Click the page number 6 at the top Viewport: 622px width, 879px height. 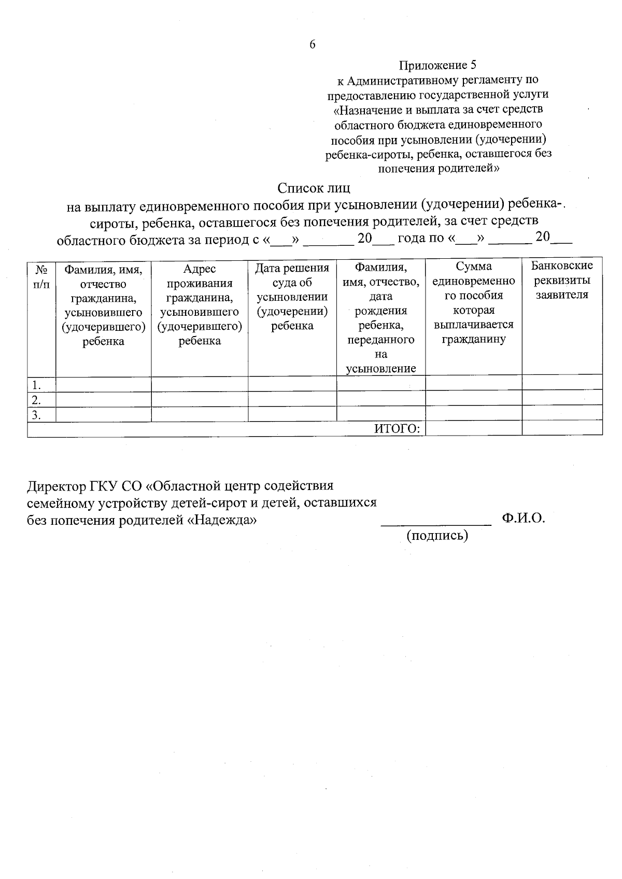tap(312, 45)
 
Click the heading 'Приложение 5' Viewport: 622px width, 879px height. tap(437, 65)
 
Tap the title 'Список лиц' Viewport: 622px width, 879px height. tap(314, 187)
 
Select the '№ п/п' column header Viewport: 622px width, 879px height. tap(41, 276)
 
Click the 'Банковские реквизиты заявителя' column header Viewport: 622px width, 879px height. tap(562, 280)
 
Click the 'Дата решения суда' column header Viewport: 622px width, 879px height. tap(292, 297)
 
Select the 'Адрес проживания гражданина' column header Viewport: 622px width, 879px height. tap(200, 304)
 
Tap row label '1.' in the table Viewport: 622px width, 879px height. tap(36, 385)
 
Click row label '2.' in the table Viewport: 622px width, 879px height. tap(36, 400)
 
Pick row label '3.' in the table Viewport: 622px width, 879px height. tap(36, 415)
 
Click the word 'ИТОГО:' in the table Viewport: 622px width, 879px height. tap(397, 428)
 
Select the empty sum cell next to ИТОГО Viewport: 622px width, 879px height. tap(473, 428)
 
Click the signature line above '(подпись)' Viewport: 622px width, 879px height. tap(436, 525)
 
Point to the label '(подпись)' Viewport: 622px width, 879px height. tap(437, 536)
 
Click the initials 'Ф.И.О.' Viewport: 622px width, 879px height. tap(524, 518)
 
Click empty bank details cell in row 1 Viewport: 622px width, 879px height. tap(562, 383)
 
